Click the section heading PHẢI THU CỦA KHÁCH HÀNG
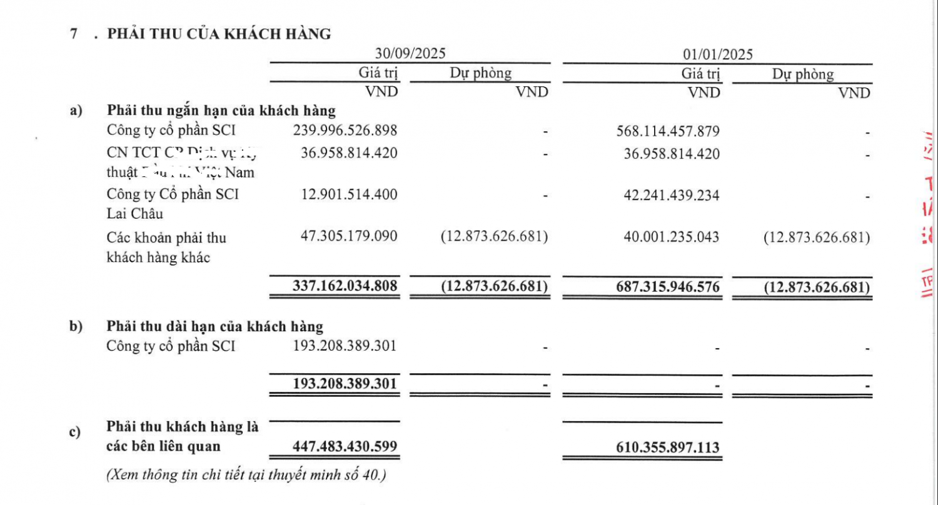(219, 34)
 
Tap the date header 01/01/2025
(718, 54)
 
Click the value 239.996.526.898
(345, 131)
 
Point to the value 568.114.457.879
(668, 131)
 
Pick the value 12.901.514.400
(349, 194)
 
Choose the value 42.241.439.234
(672, 195)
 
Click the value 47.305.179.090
(349, 237)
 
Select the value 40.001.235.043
(672, 237)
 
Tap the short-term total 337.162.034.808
(345, 286)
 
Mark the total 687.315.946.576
(668, 287)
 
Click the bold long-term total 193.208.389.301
(345, 382)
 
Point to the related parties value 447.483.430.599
(345, 447)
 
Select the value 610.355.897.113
(668, 447)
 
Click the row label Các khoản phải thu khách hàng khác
(166, 247)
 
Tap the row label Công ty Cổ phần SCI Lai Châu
(173, 204)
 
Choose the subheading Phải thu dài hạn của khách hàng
(215, 326)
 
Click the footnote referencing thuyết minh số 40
(246, 475)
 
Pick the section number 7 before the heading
(74, 34)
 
